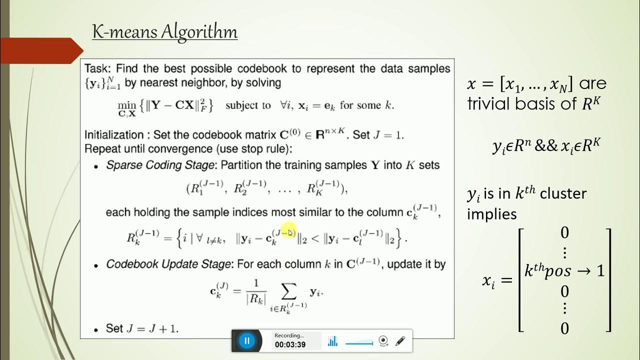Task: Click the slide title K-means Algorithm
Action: (164, 32)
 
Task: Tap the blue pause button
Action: (246, 340)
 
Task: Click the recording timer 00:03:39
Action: (290, 344)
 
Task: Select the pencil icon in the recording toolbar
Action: (400, 341)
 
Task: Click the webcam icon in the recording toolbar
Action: (383, 341)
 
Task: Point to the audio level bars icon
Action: (332, 341)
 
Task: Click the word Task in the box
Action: (95, 68)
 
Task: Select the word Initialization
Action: (114, 135)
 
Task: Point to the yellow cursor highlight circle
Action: (289, 231)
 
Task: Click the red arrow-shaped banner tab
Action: (42, 50)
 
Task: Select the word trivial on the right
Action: (487, 103)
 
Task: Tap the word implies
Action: (492, 214)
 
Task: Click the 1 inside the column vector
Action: (600, 270)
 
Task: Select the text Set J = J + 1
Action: (142, 328)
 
